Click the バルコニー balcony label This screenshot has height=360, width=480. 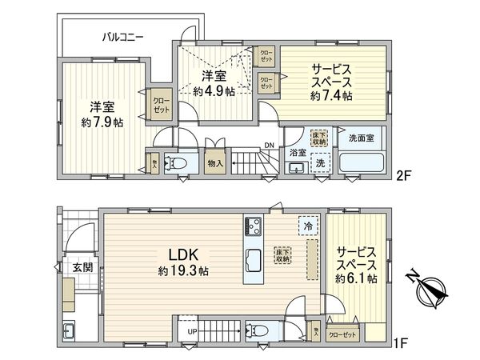(x=122, y=37)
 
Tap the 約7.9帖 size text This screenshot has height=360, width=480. (x=102, y=122)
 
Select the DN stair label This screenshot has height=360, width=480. (x=270, y=146)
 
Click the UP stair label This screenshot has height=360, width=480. (x=192, y=331)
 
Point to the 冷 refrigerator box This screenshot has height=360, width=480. (x=306, y=227)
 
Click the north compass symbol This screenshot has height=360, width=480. (x=433, y=290)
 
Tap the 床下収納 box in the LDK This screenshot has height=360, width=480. (x=283, y=254)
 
